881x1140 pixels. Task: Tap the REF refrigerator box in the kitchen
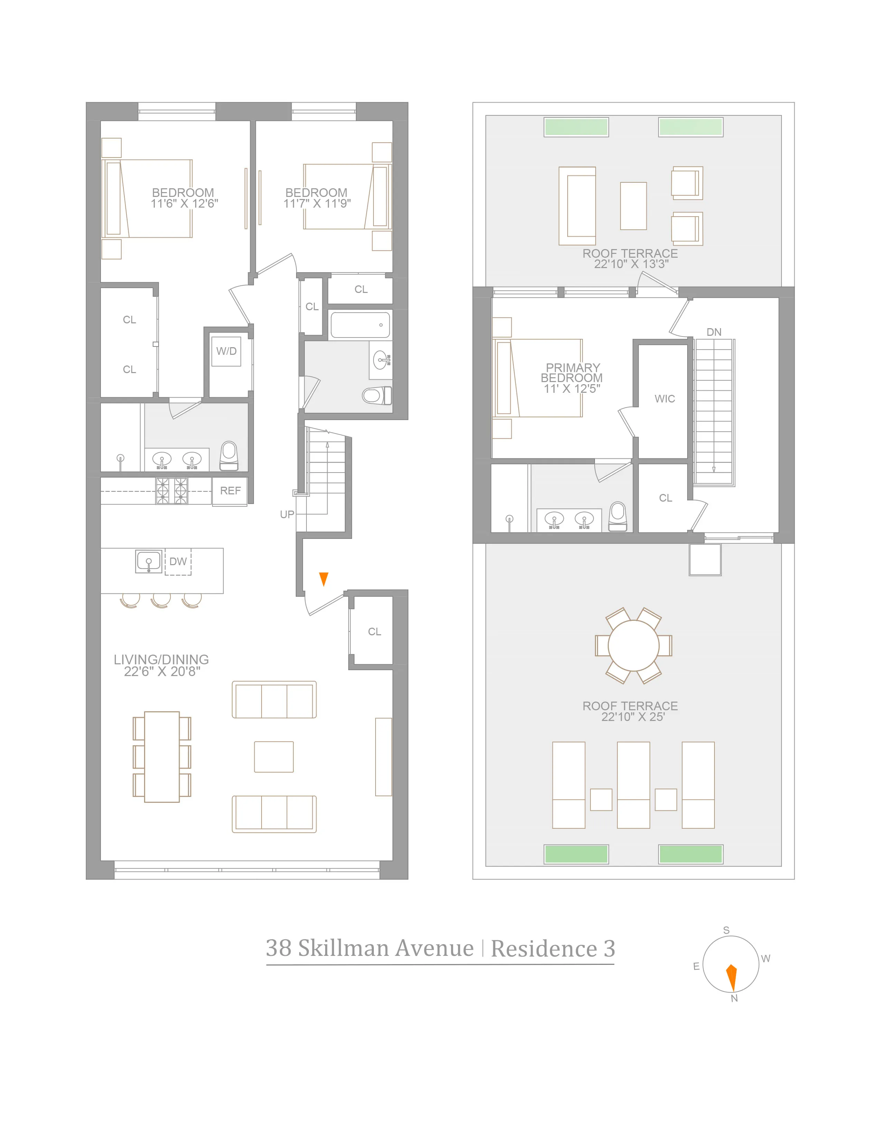tap(230, 491)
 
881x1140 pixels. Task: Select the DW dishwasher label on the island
tap(178, 562)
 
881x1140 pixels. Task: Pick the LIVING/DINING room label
tap(161, 660)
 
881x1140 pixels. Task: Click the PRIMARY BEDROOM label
tap(572, 373)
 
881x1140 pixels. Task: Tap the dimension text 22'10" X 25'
tap(633, 717)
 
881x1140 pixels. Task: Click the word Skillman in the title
tap(385, 948)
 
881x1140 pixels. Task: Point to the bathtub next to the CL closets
tap(360, 325)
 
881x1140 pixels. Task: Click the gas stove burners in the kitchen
tap(172, 491)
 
